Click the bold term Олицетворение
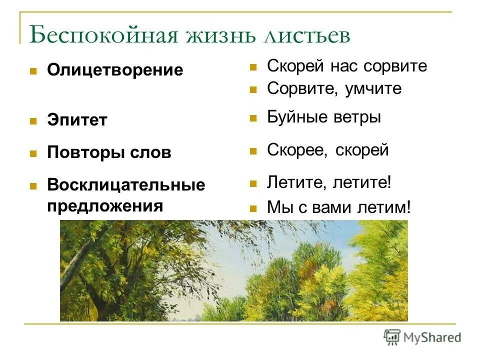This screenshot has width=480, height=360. tap(115, 70)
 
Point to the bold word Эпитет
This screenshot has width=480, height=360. tap(77, 120)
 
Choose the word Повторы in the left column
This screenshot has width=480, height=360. tap(80, 153)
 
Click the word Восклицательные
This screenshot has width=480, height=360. tap(126, 185)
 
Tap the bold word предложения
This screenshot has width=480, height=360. tap(105, 205)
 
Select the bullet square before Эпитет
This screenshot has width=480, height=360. tap(33, 120)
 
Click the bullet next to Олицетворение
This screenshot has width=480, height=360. tap(33, 71)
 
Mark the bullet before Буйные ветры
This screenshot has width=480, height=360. tap(253, 118)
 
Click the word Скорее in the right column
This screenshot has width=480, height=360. tap(295, 149)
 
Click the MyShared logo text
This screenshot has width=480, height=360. tap(432, 337)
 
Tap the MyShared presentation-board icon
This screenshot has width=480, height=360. tap(392, 337)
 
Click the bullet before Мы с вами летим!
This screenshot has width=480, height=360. tap(253, 207)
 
